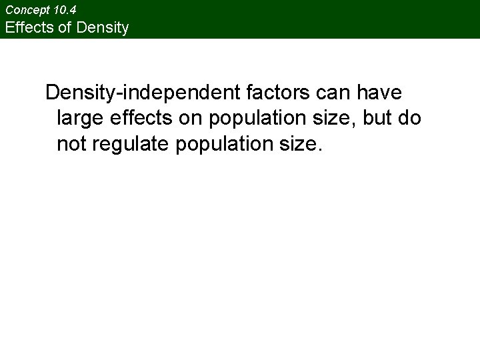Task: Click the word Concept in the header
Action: tap(25, 10)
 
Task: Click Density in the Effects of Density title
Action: tap(104, 28)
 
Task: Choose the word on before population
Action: tap(196, 118)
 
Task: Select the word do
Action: tap(411, 118)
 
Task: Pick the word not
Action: tap(71, 143)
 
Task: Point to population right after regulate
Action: tap(224, 143)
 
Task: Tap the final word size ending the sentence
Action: tap(300, 143)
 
